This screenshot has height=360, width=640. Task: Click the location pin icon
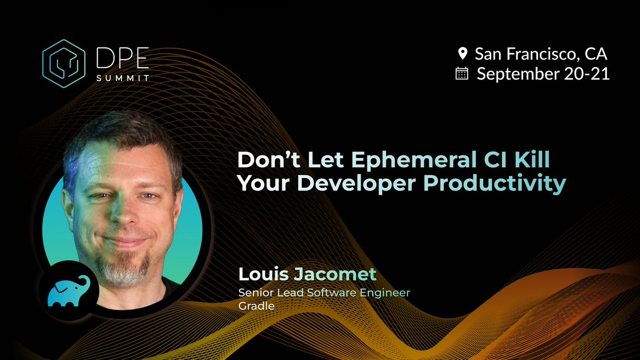click(462, 53)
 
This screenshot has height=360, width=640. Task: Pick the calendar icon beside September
click(462, 74)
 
